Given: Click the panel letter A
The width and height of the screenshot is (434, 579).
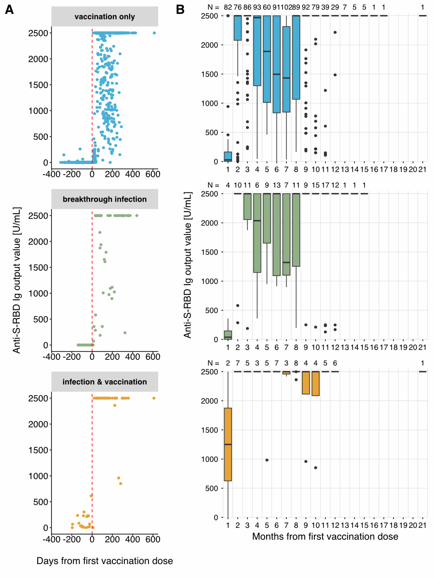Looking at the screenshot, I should [9, 10].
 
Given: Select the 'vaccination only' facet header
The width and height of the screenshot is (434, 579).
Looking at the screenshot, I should [105, 17].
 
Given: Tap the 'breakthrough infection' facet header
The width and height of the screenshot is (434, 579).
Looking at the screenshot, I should [105, 199].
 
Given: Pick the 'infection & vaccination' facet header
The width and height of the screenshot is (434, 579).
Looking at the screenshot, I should [105, 382].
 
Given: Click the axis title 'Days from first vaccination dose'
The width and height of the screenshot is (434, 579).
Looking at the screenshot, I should [105, 561].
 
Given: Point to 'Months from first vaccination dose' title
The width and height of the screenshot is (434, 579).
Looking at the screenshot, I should [325, 537].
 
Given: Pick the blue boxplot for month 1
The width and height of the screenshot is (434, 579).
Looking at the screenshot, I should [228, 156].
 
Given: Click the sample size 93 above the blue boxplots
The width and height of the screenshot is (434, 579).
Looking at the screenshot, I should [257, 7].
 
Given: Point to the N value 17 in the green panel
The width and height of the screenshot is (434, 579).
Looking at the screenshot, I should [325, 185].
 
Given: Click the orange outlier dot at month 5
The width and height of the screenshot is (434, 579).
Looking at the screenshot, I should [267, 460].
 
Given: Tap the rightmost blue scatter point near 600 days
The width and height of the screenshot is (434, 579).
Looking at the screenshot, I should [154, 33].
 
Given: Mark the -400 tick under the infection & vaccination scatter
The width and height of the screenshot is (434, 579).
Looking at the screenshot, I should [52, 540].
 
